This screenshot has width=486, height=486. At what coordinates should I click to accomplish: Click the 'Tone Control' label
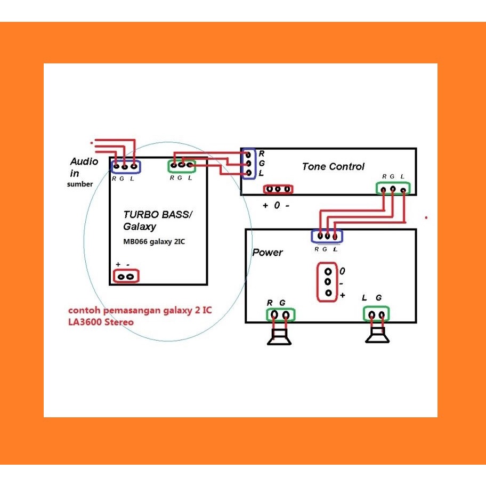pos(333,166)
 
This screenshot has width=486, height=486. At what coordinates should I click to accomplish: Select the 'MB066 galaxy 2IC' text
pos(154,241)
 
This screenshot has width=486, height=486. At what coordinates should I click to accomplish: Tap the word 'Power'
pos(268,252)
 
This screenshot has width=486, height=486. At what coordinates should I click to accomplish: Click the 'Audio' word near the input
pos(84,161)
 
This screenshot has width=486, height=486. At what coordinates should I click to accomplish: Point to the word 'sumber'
pos(80,184)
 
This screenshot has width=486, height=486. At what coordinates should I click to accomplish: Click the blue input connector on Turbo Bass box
pos(125,166)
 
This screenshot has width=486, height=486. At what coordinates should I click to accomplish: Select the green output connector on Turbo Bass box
pos(182,166)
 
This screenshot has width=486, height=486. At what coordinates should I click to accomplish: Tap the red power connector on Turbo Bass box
pos(126,276)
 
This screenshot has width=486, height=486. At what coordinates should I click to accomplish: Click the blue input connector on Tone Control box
pos(248,164)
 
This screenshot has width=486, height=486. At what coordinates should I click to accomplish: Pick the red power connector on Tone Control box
pos(278,189)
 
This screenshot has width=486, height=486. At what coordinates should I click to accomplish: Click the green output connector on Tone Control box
pos(393,189)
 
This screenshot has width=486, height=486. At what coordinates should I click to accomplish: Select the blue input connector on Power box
pos(327,236)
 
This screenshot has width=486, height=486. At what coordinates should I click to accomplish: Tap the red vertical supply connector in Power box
pos(328,282)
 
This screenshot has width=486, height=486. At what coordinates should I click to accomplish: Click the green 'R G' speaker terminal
pos(280,315)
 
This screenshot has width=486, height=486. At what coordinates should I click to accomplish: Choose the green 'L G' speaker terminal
pos(377,314)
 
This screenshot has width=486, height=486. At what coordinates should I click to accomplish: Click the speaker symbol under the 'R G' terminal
pos(279,337)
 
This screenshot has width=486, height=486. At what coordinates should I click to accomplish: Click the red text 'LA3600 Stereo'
pos(101,322)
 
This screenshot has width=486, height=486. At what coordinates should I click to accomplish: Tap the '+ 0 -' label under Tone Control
pos(276,206)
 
